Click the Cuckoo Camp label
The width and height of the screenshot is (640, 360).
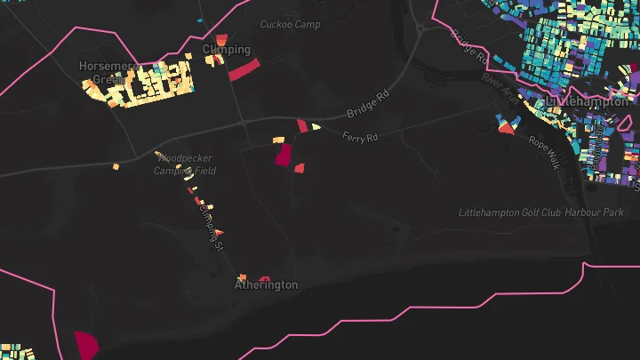click(x=290, y=24)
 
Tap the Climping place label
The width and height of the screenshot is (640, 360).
click(x=227, y=49)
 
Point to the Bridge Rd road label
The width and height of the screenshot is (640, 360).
click(x=368, y=103)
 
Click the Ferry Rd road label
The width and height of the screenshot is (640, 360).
click(x=360, y=137)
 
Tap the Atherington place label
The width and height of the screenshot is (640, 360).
click(x=266, y=285)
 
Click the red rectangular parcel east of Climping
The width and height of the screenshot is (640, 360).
click(x=243, y=70)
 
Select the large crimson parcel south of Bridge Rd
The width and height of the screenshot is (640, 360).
click(x=284, y=156)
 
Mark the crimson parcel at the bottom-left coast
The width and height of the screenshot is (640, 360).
click(x=86, y=344)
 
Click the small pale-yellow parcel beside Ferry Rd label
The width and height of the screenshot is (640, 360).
click(x=316, y=127)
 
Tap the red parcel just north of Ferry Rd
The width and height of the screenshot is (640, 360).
click(x=302, y=126)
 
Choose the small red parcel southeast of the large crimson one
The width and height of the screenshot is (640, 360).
click(x=300, y=168)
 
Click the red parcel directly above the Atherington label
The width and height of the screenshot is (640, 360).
click(x=264, y=277)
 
